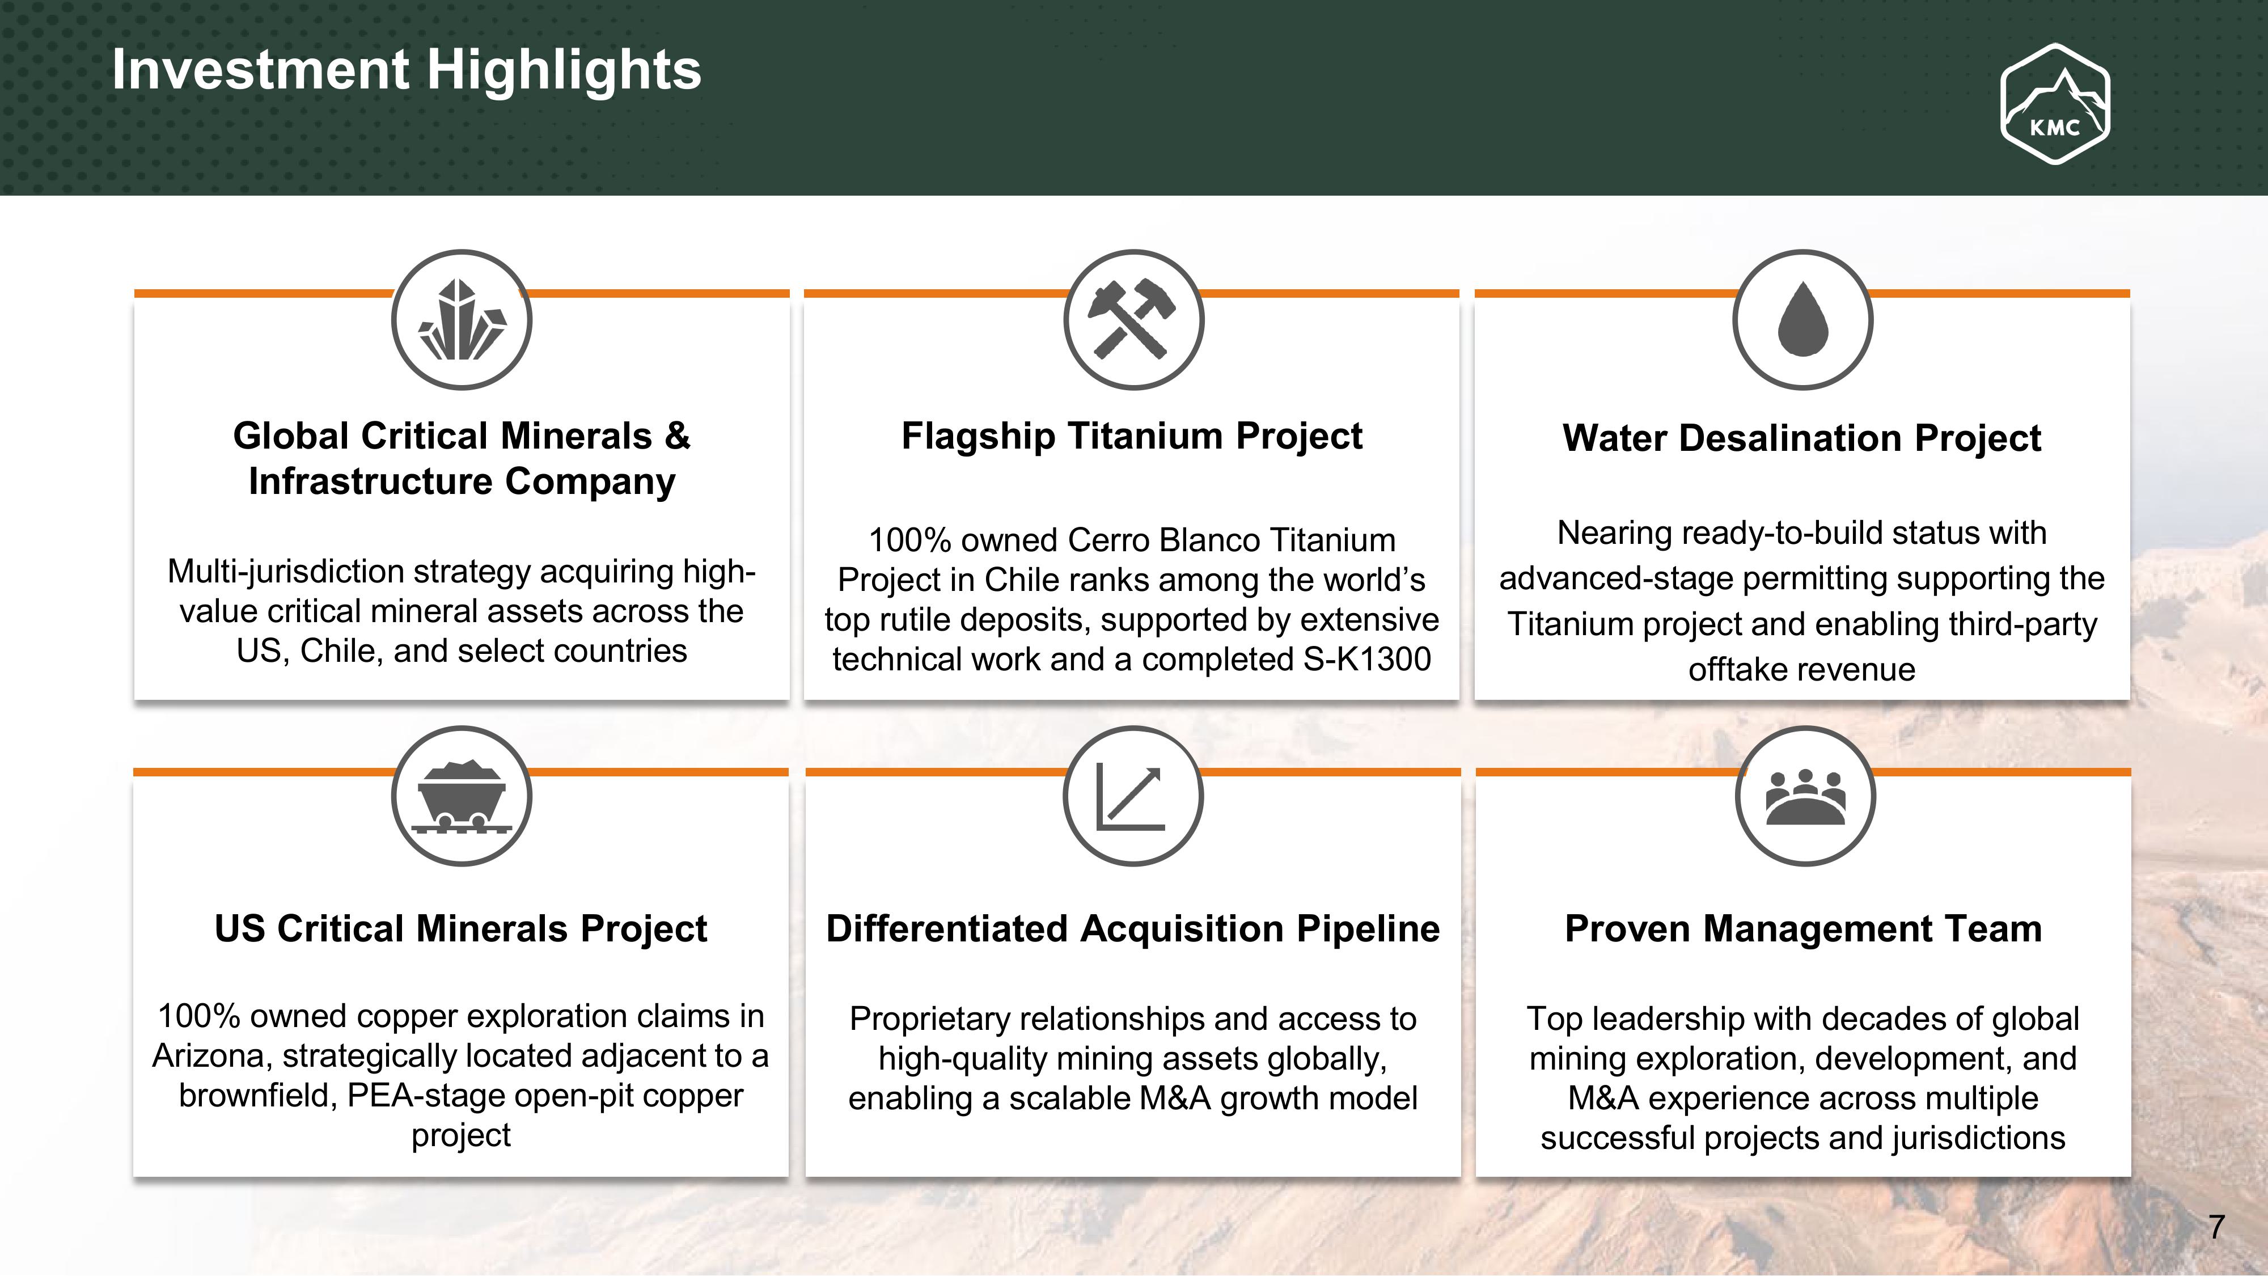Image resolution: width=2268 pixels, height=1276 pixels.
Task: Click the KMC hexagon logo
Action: tap(2055, 104)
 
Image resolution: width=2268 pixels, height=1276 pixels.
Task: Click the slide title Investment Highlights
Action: tap(407, 70)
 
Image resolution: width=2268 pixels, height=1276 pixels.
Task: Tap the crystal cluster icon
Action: tap(462, 320)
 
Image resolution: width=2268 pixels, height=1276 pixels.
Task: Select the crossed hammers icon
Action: tap(1133, 320)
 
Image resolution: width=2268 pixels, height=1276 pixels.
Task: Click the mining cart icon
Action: tap(462, 796)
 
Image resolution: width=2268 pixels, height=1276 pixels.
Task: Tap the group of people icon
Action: tap(1805, 797)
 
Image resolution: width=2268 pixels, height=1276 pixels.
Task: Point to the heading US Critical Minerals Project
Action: tap(460, 928)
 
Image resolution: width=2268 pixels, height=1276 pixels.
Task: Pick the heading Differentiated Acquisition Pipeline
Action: tap(1132, 928)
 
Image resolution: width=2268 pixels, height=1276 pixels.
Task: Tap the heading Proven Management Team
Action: tap(1803, 928)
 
